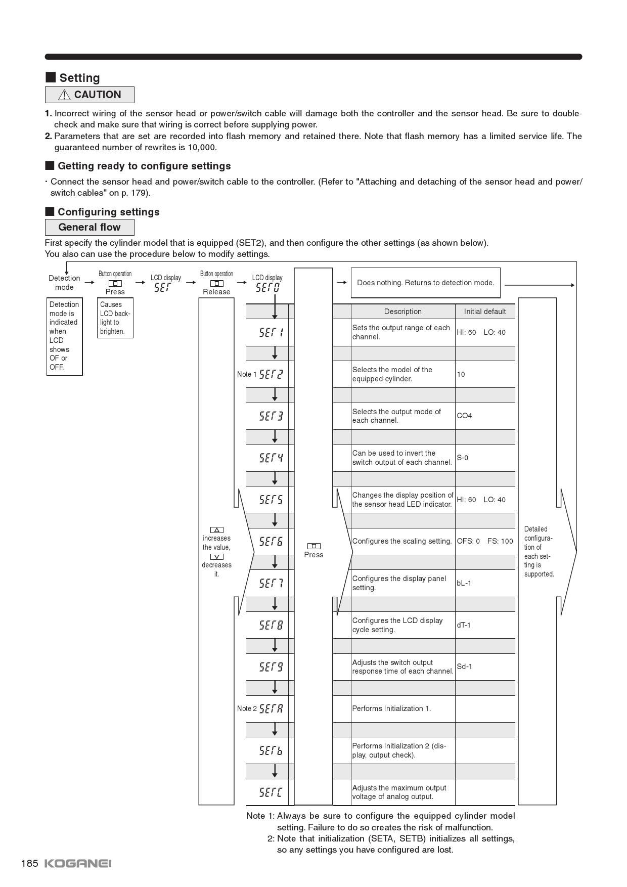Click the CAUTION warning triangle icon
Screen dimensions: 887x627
point(64,95)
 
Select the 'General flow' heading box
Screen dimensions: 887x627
point(89,227)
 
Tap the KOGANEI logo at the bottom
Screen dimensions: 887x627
point(78,863)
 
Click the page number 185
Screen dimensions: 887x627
point(29,863)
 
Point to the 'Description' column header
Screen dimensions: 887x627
point(402,312)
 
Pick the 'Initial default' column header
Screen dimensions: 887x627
point(484,312)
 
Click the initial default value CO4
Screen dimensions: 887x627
point(464,416)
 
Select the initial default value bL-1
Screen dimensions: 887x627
point(464,583)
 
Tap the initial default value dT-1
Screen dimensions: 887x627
point(464,625)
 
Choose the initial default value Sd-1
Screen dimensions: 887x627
point(464,667)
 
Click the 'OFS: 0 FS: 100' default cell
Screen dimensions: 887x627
point(484,541)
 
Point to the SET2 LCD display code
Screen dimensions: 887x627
point(271,374)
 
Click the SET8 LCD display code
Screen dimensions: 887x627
point(271,625)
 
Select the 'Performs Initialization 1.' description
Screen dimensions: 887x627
point(391,708)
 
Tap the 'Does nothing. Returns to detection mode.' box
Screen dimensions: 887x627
point(425,283)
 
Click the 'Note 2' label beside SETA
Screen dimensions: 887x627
point(247,708)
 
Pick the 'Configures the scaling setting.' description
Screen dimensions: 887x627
point(402,541)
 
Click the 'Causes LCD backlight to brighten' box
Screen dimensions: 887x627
point(115,318)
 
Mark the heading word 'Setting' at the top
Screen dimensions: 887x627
point(79,78)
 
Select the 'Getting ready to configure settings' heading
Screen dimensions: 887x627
point(144,166)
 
